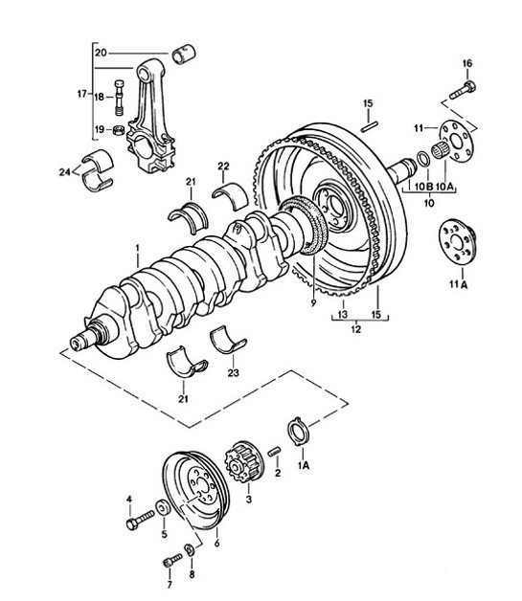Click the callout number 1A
point(304,466)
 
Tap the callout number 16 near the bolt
point(467,64)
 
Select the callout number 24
point(64,173)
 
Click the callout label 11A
point(457,284)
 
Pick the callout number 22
point(223,167)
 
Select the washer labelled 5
point(162,506)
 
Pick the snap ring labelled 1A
point(298,433)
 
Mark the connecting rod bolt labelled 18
point(117,95)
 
